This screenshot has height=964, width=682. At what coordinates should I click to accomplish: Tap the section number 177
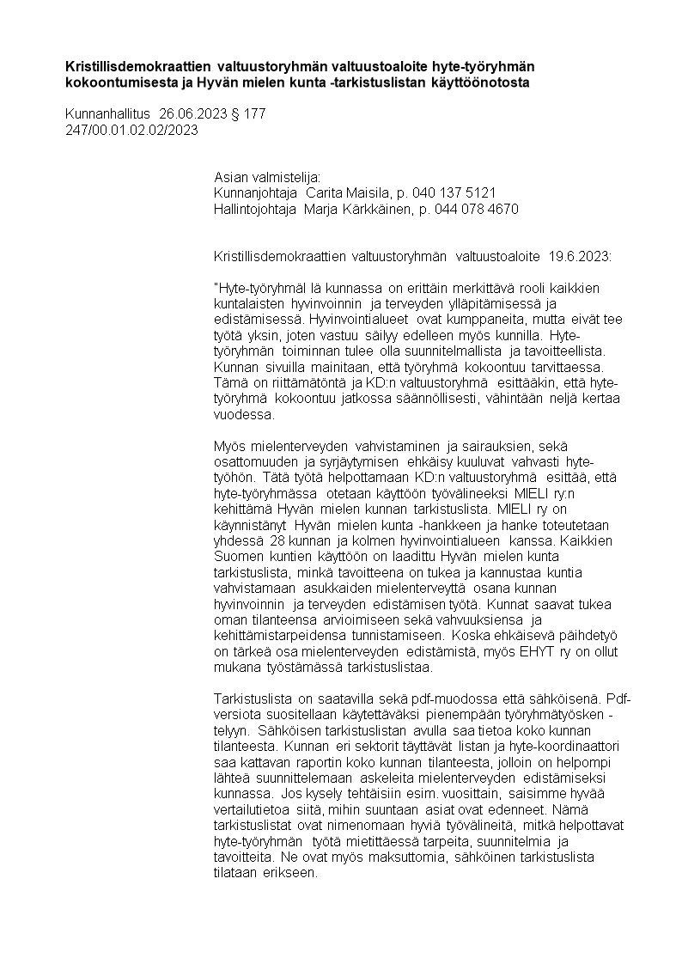[x=255, y=113]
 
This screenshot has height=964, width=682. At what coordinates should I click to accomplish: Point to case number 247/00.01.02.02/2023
[x=131, y=130]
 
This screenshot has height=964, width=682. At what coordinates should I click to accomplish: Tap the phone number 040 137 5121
[x=454, y=193]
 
